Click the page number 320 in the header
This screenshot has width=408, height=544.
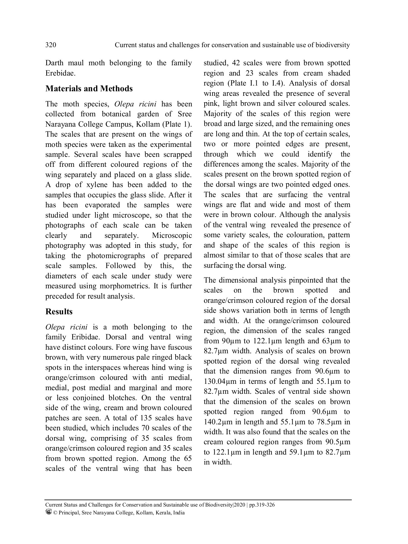51,45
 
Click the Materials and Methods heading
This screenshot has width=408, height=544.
89,89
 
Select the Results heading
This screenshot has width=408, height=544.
59,312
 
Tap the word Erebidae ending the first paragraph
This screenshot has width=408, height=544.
60,73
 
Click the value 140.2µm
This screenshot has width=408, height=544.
216,422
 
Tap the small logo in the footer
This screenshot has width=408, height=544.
48,512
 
